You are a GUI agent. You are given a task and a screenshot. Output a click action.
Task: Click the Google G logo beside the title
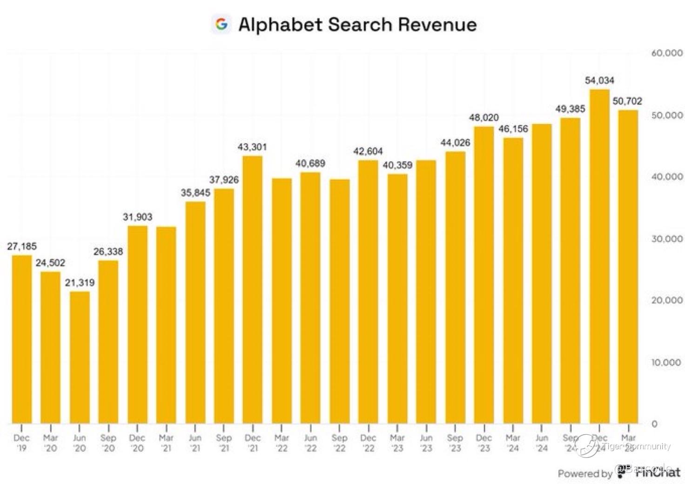click(222, 24)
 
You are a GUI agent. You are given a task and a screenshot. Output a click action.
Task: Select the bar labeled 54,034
click(599, 256)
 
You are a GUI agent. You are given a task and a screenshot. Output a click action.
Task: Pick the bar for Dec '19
click(22, 339)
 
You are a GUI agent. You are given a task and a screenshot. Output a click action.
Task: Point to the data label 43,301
click(252, 147)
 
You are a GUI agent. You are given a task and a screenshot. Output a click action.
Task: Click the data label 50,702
click(627, 101)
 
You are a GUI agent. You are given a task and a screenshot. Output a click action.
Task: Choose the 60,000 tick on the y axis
click(667, 54)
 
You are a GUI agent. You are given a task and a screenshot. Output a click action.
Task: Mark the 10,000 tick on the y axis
click(667, 362)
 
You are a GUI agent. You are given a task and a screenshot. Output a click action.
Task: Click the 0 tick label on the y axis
click(654, 424)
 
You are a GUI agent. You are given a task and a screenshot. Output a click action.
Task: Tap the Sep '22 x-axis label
click(339, 443)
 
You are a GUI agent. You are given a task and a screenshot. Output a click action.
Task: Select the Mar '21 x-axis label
click(166, 443)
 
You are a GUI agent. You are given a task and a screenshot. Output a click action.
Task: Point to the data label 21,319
click(80, 282)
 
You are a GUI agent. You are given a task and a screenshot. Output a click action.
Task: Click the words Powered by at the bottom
click(585, 474)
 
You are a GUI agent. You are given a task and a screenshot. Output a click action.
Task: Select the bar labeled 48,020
click(484, 275)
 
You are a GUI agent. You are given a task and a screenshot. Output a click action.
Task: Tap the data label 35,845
click(195, 193)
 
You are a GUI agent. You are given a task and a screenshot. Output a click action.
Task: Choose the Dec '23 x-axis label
click(484, 443)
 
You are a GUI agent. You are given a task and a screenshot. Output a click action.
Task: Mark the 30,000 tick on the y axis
click(667, 239)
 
